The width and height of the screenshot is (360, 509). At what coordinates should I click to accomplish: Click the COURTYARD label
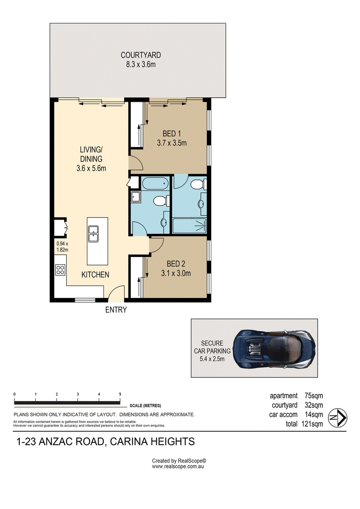point(140,55)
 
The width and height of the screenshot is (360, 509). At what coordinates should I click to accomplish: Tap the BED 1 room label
point(172,133)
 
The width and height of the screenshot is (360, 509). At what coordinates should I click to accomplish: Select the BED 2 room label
point(176,264)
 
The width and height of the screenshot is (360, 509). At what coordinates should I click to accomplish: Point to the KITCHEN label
point(95,275)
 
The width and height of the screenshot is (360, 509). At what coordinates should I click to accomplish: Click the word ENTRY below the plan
point(116,310)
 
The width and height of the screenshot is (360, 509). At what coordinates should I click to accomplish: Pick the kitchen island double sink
point(94,234)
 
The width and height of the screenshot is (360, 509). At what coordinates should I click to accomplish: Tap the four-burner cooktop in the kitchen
point(60,270)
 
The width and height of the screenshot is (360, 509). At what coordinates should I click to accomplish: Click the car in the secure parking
point(274,349)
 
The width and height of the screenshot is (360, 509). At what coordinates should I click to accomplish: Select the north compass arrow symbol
point(337,418)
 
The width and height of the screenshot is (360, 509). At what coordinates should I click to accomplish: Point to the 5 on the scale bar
point(120,394)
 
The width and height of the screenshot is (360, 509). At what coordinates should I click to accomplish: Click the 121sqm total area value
point(312,423)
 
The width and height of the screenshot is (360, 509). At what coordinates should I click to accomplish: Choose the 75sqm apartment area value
point(314,396)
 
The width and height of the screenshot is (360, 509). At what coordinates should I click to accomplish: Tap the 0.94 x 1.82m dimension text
point(63,247)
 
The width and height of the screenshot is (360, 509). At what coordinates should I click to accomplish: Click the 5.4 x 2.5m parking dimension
point(212,359)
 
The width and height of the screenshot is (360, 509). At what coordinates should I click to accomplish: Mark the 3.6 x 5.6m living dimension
point(91,168)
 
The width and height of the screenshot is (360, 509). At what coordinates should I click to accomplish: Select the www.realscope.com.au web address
point(178,467)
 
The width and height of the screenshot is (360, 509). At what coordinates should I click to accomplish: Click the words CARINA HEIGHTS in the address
point(152,441)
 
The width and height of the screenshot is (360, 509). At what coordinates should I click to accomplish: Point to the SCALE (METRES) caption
point(145,405)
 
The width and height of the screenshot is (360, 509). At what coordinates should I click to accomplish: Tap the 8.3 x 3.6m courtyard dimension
point(140,64)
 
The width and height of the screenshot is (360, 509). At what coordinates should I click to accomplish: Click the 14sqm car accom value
point(314,414)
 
